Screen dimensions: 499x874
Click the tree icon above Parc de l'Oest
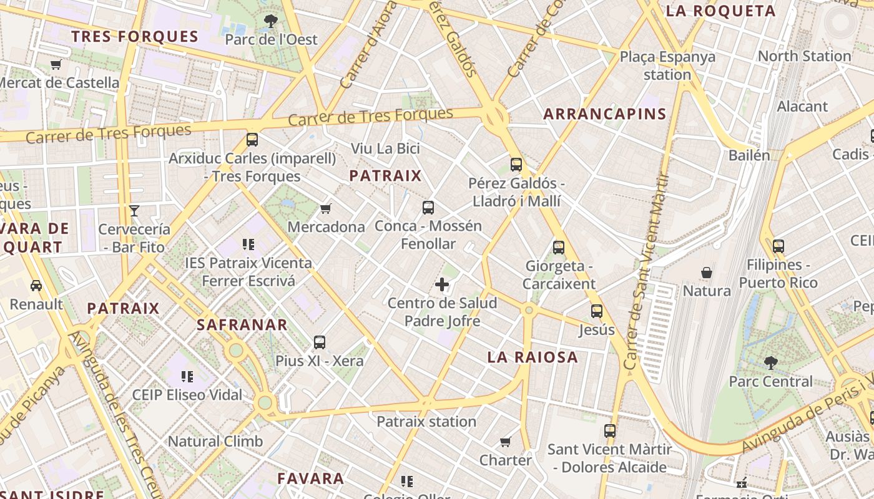271,21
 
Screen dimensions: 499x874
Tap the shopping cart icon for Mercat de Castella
56,64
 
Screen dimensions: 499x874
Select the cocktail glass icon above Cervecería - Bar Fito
134,211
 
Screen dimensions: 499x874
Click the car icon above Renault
36,286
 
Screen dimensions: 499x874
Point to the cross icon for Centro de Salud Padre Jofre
442,285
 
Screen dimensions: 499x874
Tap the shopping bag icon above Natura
707,273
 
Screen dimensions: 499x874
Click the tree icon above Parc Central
771,363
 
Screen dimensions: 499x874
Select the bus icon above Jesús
597,311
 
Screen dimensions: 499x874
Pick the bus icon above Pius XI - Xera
320,342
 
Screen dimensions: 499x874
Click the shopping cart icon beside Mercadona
325,208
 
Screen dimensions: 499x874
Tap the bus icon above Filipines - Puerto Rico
778,246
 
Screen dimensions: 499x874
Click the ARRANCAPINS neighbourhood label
604,114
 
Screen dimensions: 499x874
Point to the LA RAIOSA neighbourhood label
533,357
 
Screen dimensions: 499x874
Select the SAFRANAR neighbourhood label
242,325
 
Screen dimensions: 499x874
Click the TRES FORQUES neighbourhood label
135,36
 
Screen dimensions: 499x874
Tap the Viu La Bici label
385,148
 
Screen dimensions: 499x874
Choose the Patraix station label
426,422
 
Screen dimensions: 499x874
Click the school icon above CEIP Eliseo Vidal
187,376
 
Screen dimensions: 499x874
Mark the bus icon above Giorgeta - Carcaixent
559,248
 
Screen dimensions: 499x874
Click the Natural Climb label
215,442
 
